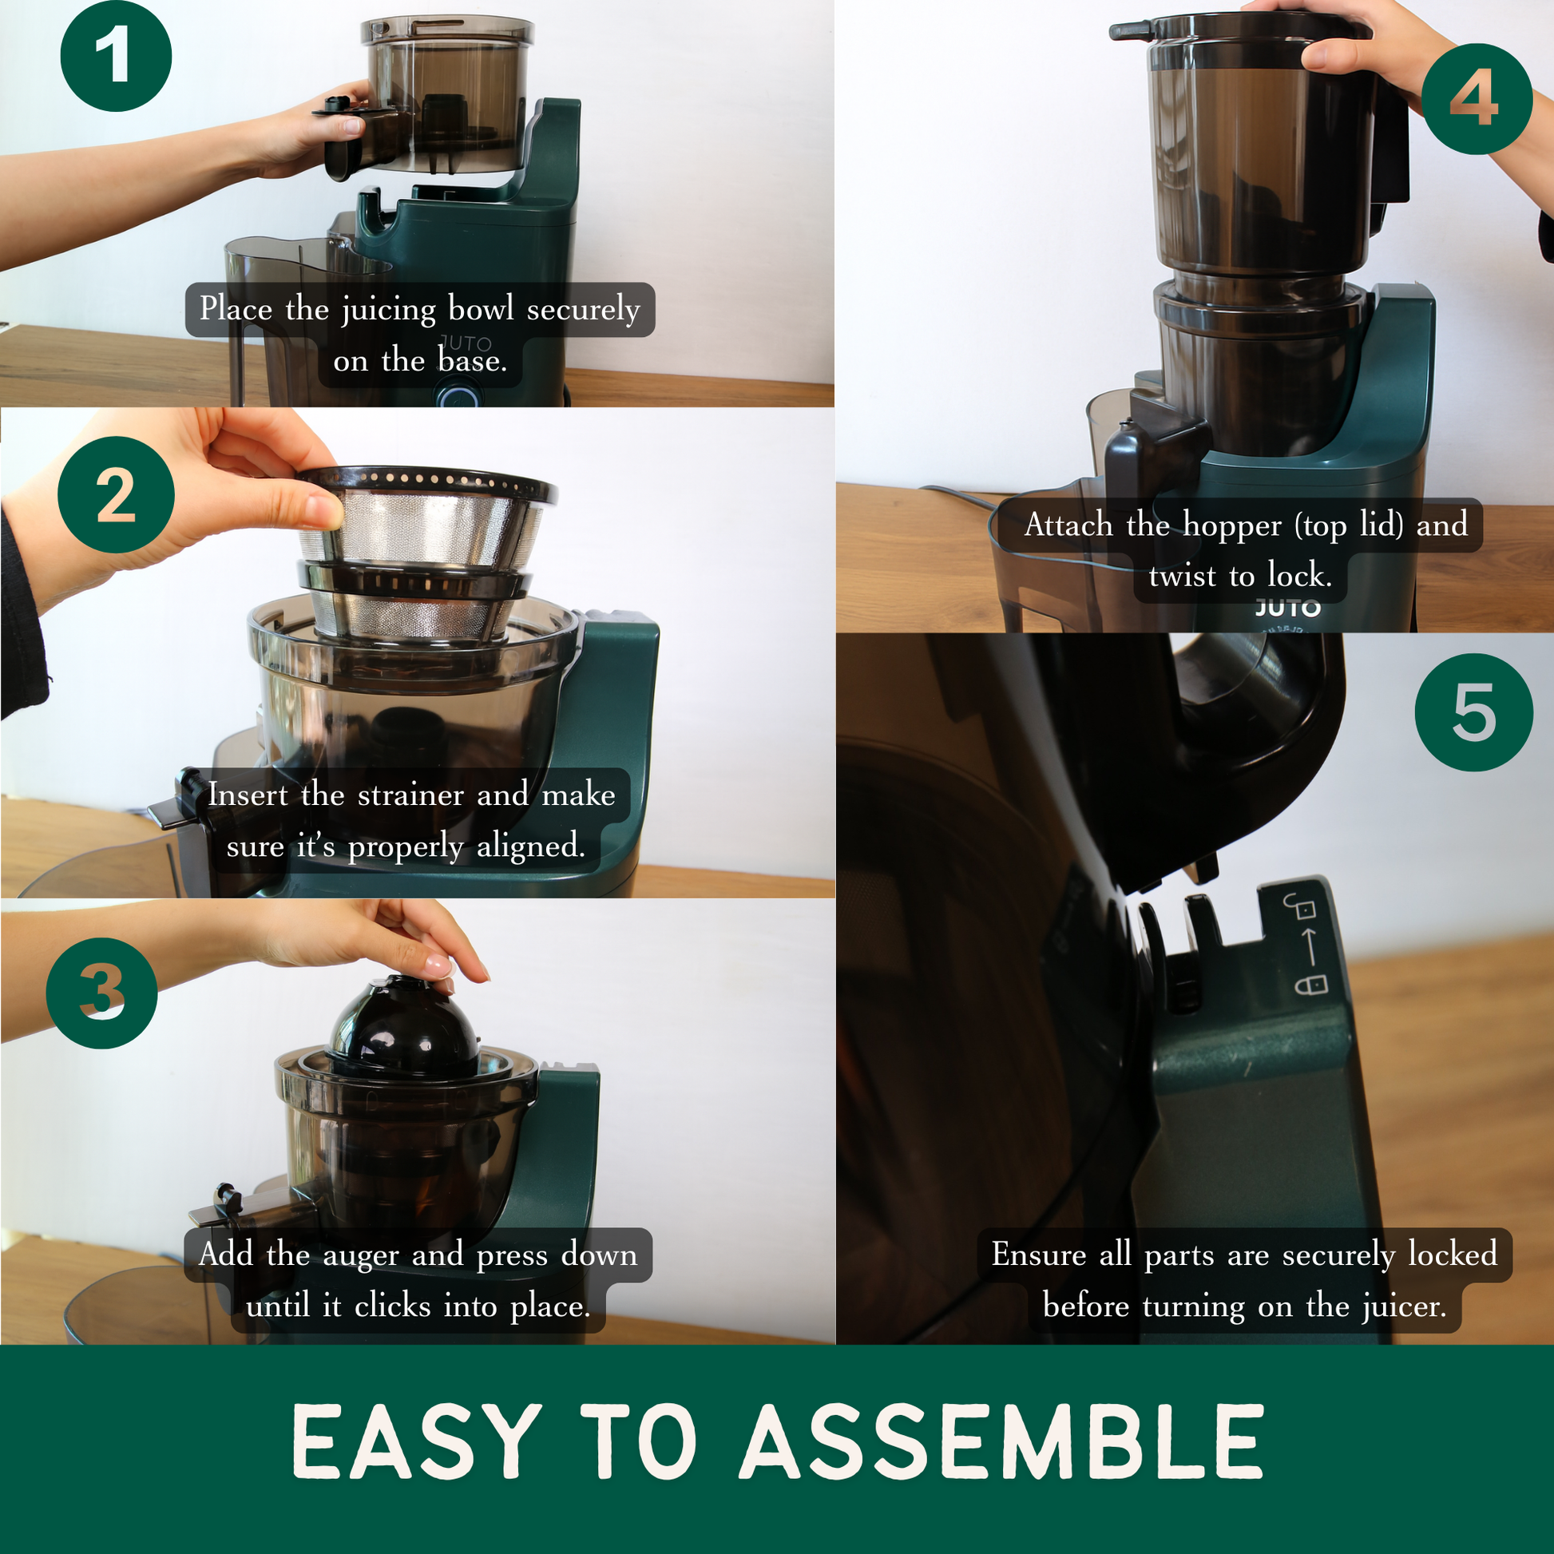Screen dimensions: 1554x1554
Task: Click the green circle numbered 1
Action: click(116, 56)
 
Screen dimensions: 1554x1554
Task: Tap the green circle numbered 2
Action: click(116, 494)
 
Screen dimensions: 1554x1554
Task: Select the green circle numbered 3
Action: click(101, 993)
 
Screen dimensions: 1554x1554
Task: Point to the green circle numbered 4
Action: click(1477, 99)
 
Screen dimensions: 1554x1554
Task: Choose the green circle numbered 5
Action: click(1473, 712)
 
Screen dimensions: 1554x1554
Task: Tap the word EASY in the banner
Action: click(417, 1441)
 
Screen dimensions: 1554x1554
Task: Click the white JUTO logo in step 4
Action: click(1288, 608)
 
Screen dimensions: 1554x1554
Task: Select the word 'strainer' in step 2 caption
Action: click(410, 795)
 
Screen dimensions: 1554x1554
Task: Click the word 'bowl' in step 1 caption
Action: click(481, 308)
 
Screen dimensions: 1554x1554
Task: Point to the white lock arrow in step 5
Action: click(1310, 946)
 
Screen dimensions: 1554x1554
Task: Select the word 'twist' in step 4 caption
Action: click(1183, 577)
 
